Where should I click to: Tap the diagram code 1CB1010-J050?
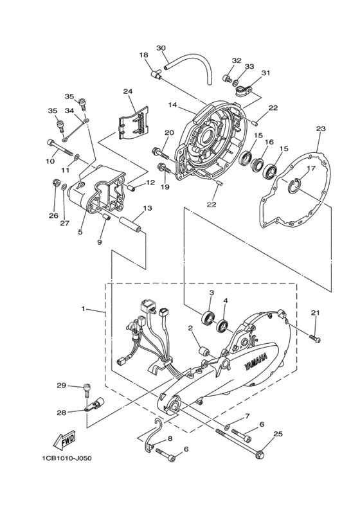pos(66,458)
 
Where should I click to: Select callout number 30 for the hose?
pos(161,48)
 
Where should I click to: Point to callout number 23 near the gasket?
pos(321,129)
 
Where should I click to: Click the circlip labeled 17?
pos(296,184)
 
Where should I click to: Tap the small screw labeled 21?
pos(315,338)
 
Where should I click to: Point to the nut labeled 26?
pos(56,183)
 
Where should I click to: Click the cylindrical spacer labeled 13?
pos(132,225)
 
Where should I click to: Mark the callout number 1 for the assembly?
pos(84,308)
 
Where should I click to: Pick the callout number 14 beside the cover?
pos(172,105)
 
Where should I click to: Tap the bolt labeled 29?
pos(87,389)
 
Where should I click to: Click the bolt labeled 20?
pos(161,152)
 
